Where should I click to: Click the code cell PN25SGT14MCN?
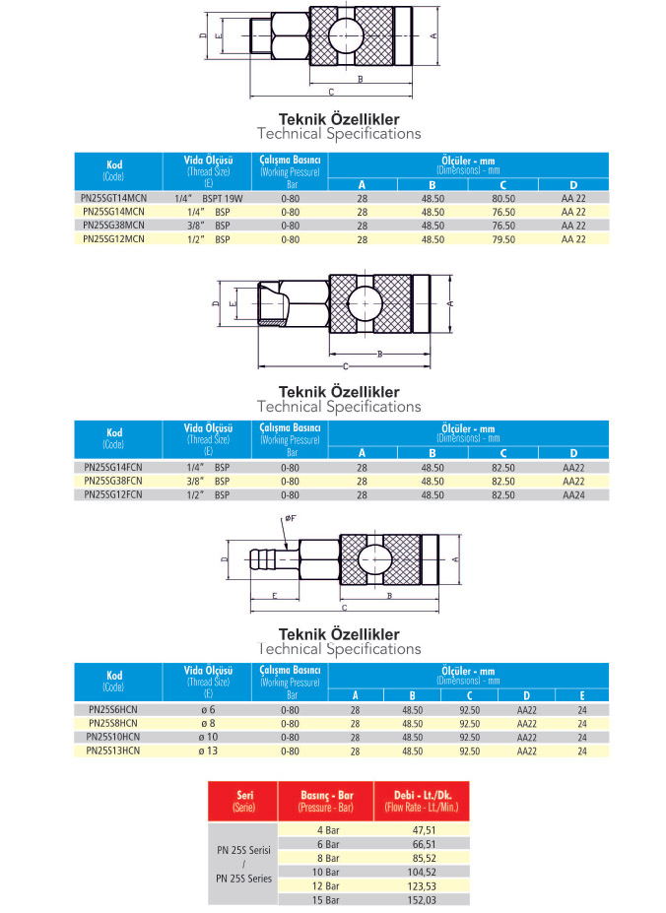[x=114, y=198]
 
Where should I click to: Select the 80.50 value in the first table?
[x=503, y=198]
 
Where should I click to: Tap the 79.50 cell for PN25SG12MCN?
[x=503, y=239]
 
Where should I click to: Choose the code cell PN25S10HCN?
[x=114, y=737]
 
